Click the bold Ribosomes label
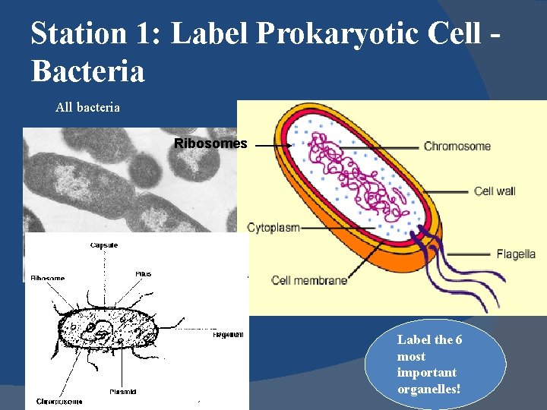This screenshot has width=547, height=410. pos(210,143)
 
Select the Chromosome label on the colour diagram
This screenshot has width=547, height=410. pos(457,146)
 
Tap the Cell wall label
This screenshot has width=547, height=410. pos(495,191)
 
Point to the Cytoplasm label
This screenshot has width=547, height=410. pos(273,227)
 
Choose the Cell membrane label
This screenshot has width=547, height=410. pos(309,280)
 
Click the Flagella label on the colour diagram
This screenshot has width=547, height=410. pos(516,254)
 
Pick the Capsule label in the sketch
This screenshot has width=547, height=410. pos(103,245)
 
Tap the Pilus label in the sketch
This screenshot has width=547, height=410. pos(143,273)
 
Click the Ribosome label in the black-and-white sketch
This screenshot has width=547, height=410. pos(47,279)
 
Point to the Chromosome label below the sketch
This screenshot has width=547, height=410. pos(59,401)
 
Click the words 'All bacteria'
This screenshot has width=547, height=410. pos(87,108)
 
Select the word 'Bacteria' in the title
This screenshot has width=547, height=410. pos(87,71)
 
